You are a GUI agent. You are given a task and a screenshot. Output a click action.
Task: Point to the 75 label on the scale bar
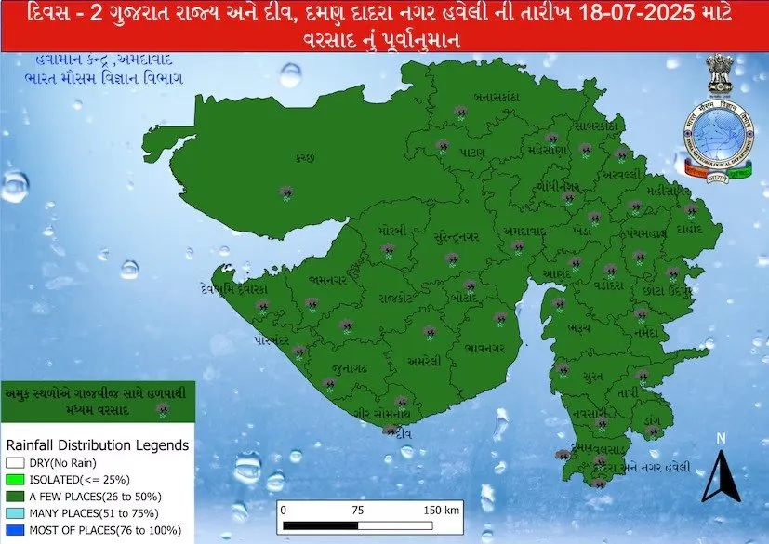coord(357,511)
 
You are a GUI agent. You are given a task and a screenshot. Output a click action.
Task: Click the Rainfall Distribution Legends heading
coord(97,445)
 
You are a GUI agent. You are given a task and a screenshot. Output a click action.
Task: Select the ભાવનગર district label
coord(484,349)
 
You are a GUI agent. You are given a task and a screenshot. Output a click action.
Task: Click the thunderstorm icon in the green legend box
coord(163,408)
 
